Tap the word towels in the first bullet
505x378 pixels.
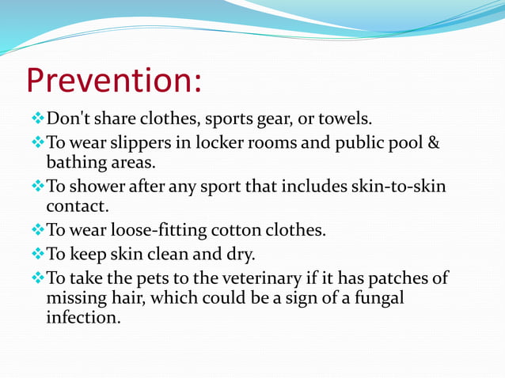point(344,120)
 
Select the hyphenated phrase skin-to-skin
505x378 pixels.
point(400,187)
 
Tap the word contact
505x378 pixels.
point(76,206)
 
